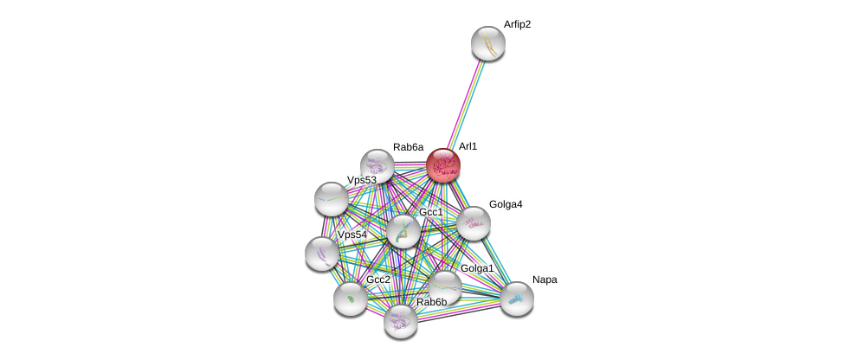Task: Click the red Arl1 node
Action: coord(443,164)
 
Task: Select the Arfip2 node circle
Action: coord(488,43)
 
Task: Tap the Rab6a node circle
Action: coord(377,165)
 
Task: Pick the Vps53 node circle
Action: coord(331,199)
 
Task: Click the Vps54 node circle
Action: coord(322,253)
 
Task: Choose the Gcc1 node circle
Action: coord(403,231)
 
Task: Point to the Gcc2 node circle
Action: coord(351,299)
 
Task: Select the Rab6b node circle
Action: coord(400,320)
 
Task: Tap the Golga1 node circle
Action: coord(445,287)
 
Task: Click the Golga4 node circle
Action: coord(474,223)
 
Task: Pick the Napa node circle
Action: coord(517,299)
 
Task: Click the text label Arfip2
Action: coord(517,24)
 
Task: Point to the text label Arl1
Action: coord(468,146)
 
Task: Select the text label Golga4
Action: coord(506,204)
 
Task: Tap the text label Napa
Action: coord(545,280)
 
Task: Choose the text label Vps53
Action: coord(362,180)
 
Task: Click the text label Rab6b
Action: coord(431,302)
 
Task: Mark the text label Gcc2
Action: coord(378,280)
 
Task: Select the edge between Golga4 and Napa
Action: coord(495,260)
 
